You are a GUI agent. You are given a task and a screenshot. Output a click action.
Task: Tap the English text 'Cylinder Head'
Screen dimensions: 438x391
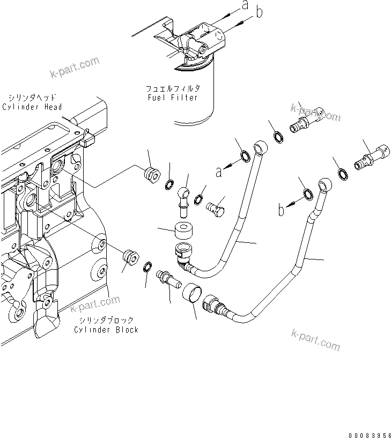(32, 107)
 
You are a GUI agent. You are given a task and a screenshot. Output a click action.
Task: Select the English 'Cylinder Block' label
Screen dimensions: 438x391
(106, 329)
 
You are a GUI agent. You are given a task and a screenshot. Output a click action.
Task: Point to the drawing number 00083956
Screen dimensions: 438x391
(363, 429)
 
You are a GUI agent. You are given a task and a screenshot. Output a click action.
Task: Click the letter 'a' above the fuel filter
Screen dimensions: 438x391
(245, 6)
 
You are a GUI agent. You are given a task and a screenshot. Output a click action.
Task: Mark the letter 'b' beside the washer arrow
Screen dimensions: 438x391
(281, 210)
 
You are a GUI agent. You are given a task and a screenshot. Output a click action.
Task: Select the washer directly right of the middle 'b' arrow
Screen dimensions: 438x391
(308, 194)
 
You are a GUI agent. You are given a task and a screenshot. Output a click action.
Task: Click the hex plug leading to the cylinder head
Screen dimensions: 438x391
(151, 174)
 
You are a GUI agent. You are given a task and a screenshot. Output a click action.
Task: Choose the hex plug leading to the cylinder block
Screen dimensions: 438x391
(129, 256)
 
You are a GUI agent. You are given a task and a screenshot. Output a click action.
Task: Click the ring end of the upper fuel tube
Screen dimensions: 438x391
(261, 146)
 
